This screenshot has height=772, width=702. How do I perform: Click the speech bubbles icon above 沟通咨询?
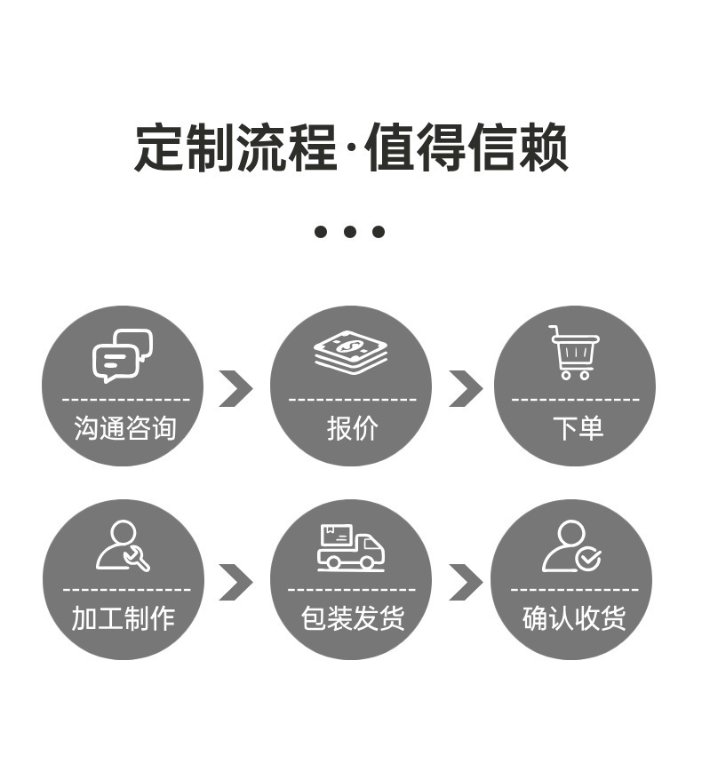123,354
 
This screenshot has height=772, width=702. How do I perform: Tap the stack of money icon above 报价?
350,352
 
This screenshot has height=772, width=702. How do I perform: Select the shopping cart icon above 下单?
574,352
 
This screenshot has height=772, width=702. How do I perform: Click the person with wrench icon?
123,545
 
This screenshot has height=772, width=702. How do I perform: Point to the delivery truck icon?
350,547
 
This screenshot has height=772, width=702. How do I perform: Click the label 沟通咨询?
125,428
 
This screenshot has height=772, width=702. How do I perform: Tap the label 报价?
352,428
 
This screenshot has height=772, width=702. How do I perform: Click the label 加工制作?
124,618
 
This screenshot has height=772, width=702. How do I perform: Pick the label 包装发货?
352,618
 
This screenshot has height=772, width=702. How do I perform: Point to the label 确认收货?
574,618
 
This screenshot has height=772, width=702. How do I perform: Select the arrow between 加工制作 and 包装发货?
235,582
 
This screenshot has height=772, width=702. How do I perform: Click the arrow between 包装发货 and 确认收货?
465,582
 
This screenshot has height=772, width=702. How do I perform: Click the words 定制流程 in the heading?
235,147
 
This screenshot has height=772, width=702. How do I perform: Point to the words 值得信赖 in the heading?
467,147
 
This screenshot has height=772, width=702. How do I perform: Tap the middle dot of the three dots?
350,232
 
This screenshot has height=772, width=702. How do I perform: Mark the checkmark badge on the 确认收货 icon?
588,559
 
